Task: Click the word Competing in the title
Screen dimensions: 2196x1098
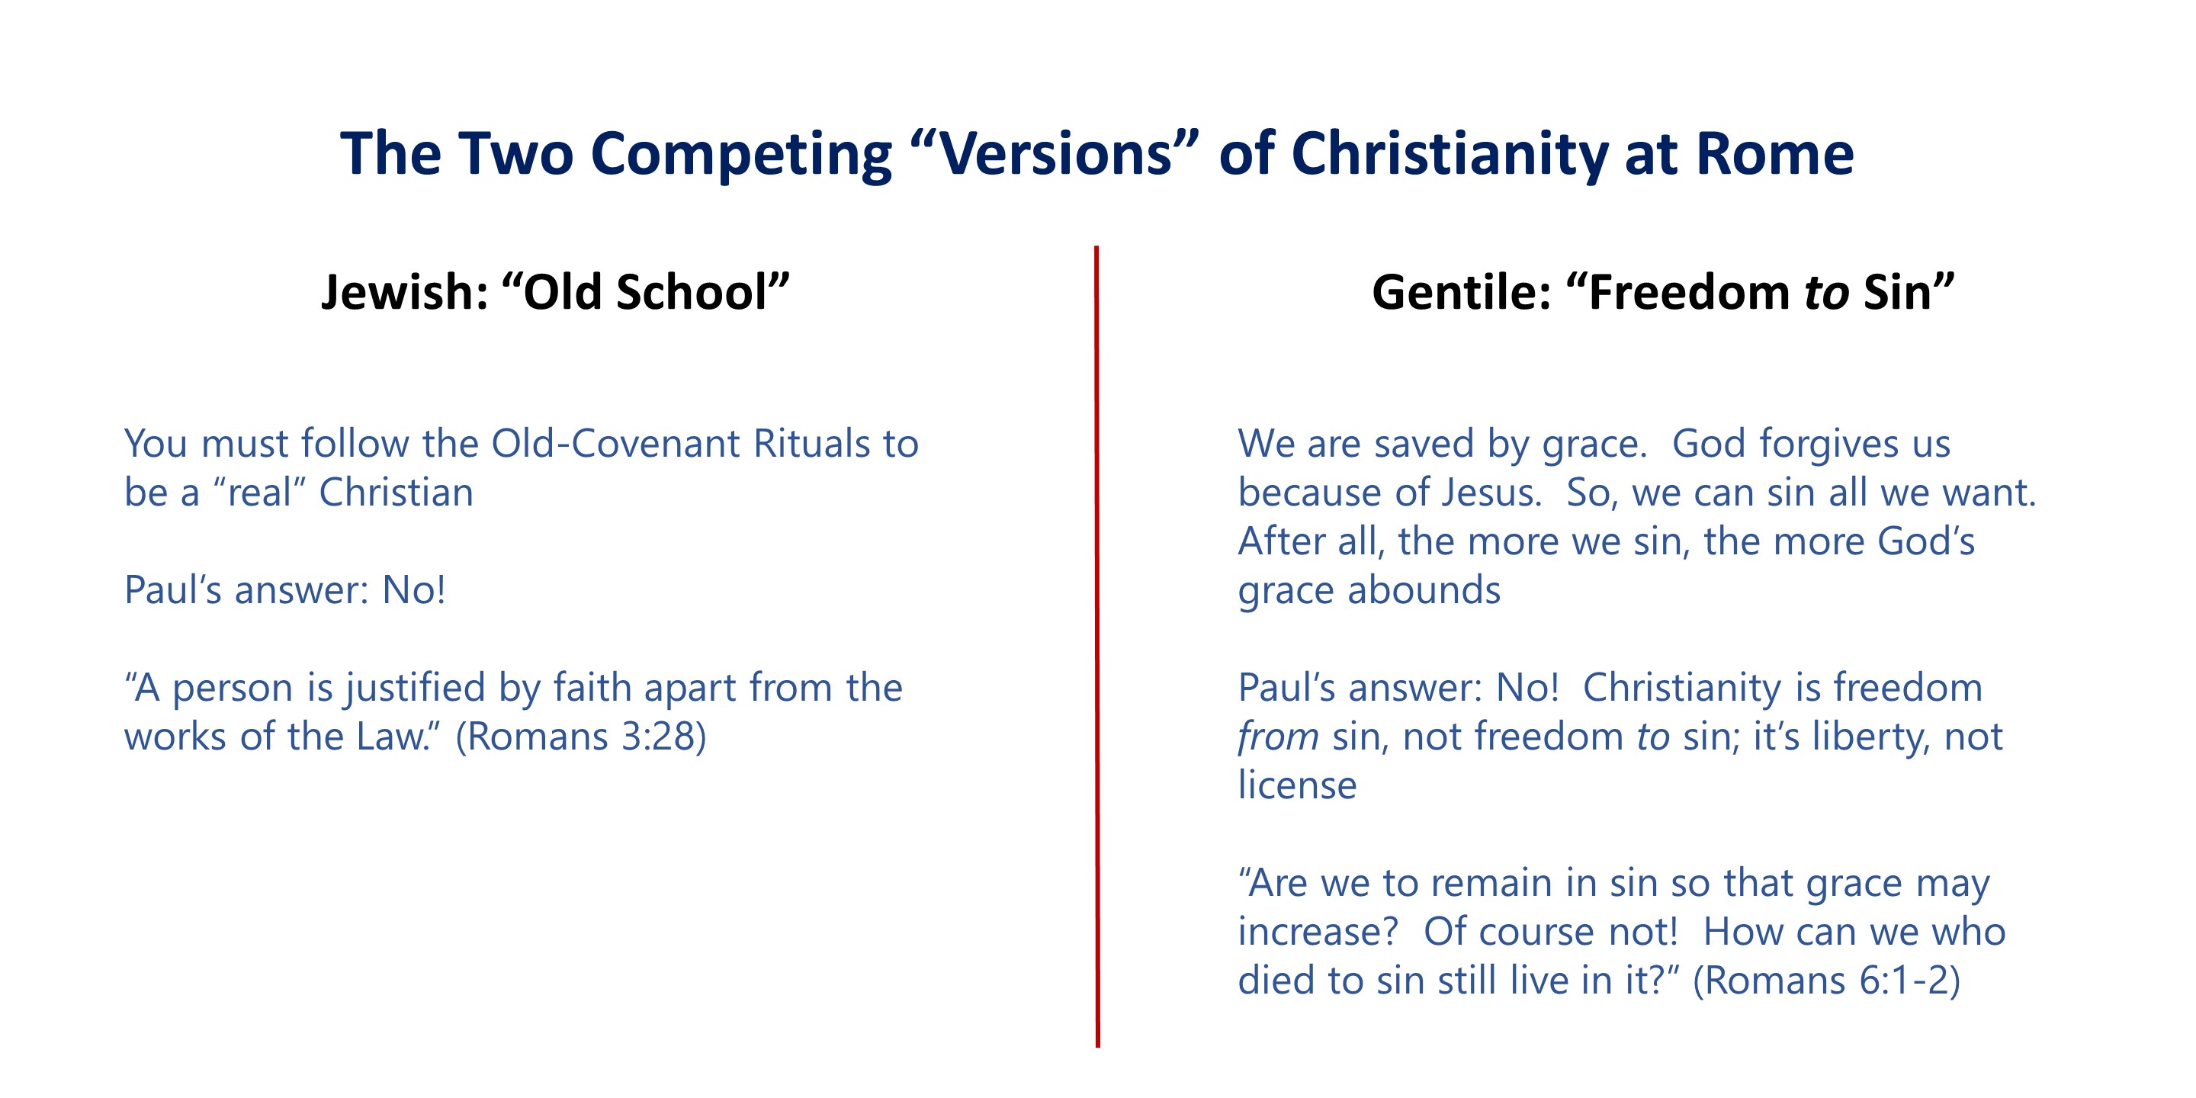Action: [x=741, y=155]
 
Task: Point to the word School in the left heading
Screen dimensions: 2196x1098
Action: [x=692, y=291]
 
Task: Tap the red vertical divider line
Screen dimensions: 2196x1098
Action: [x=1097, y=646]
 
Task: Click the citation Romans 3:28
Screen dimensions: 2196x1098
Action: [x=581, y=737]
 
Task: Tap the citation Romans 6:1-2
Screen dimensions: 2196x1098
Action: [x=1826, y=981]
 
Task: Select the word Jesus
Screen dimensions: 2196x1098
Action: [x=1492, y=493]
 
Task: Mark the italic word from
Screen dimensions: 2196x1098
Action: [x=1278, y=737]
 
